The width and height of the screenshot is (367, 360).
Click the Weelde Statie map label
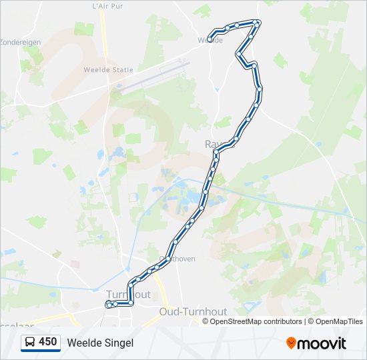pos(108,69)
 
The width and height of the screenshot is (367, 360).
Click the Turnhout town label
pos(128,294)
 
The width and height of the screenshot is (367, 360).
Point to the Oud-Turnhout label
pos(194,311)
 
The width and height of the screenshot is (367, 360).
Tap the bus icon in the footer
pos(30,342)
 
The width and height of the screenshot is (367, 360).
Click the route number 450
pos(47,342)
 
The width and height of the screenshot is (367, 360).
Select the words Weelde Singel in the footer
pos(100,343)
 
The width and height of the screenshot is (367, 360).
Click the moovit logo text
pos(322,343)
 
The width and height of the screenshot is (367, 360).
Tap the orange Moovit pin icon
pos(291,343)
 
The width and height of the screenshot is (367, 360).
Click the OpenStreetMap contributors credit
pos(256,321)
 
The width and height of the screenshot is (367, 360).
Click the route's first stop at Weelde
pos(210,39)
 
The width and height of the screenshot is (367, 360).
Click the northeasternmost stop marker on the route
pos(258,23)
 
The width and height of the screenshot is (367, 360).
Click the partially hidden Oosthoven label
pos(179,259)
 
